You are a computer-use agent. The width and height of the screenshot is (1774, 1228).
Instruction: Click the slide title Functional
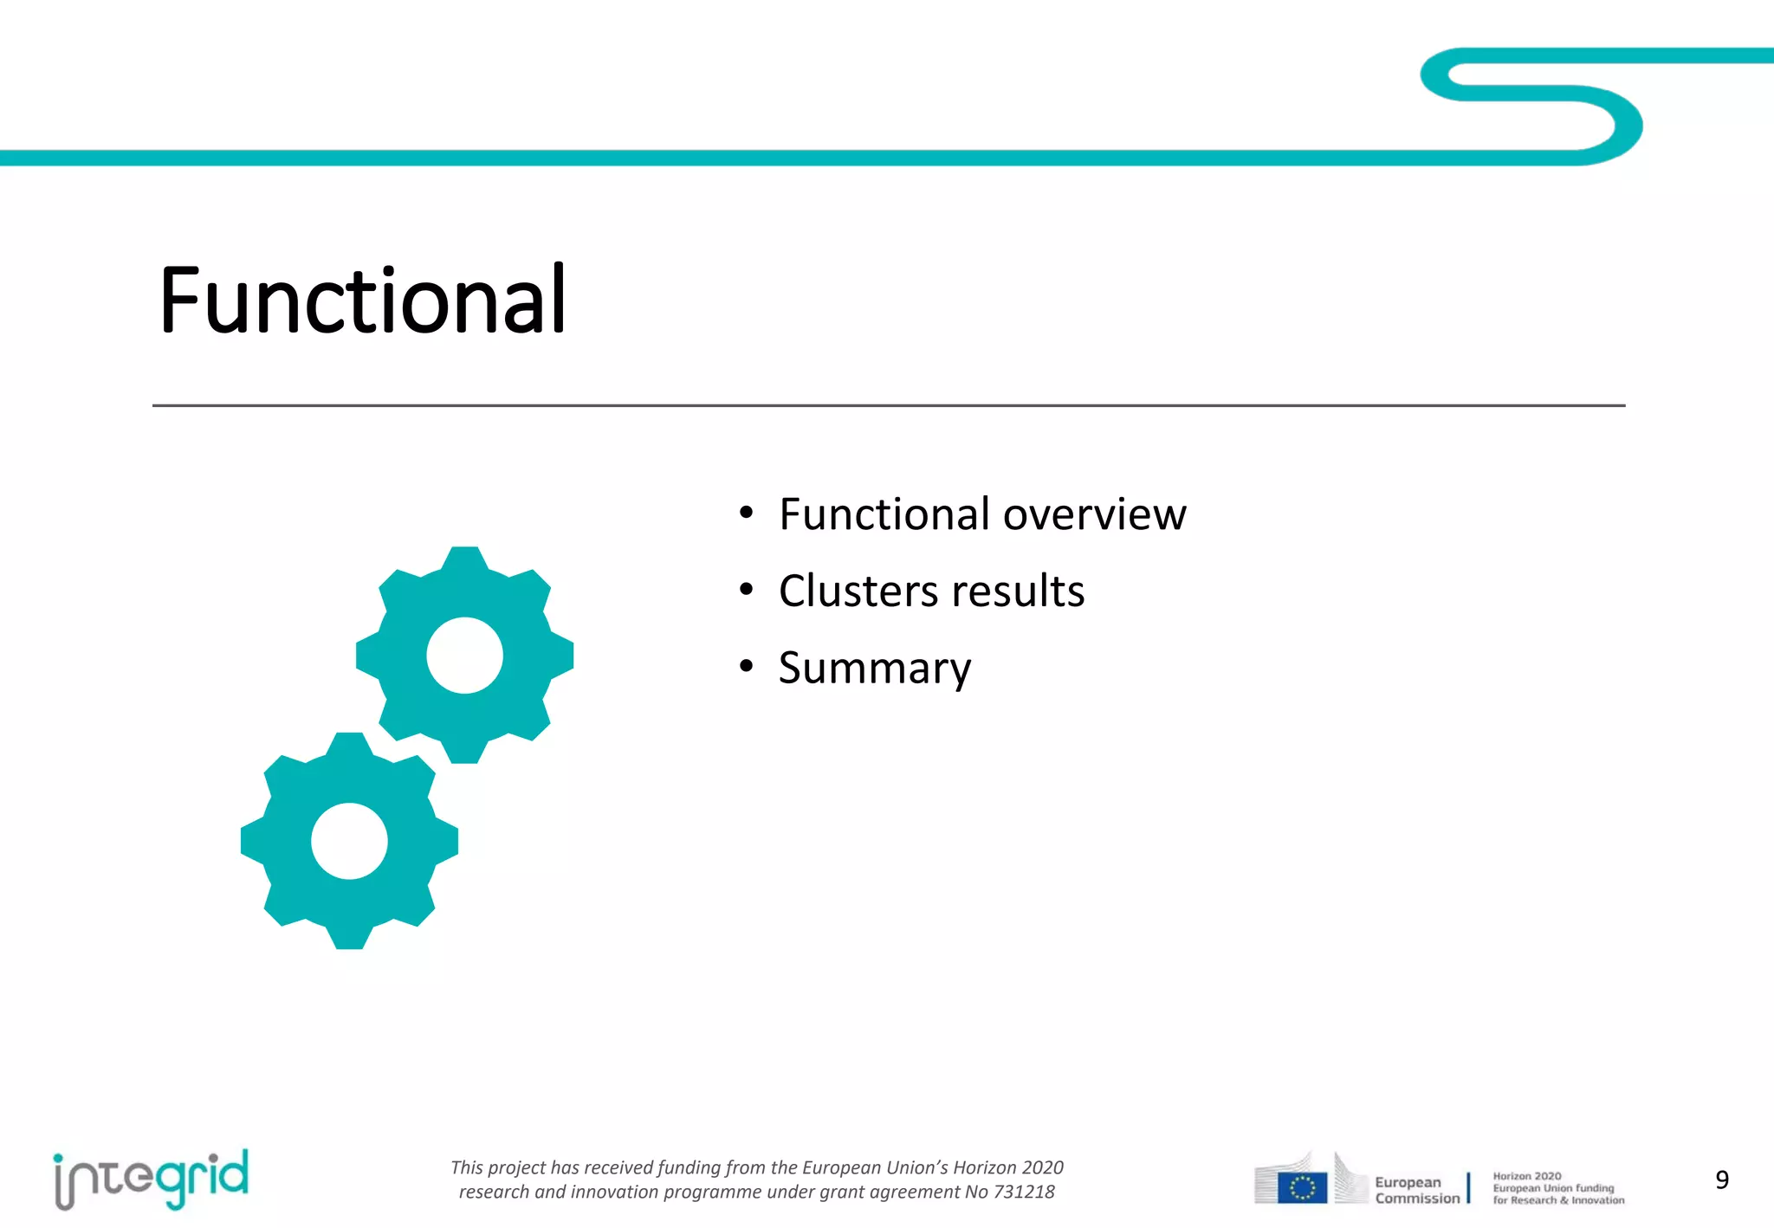pos(362,301)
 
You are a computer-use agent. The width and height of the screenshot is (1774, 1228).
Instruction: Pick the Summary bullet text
pos(875,669)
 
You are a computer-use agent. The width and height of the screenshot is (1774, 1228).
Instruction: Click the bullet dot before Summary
pos(747,667)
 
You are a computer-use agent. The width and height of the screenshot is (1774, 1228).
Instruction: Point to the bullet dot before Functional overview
pos(747,514)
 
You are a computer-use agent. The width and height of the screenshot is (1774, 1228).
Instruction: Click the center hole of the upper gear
pos(464,656)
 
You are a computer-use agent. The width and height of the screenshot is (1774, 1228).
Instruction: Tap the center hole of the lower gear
pos(349,841)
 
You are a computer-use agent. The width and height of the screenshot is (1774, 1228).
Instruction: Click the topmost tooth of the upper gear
pos(465,559)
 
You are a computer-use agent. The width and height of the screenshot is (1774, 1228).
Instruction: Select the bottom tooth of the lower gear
pos(349,937)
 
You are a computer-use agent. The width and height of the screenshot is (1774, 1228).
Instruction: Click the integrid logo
pos(151,1179)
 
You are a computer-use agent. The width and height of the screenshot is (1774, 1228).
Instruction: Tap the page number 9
pos(1722,1180)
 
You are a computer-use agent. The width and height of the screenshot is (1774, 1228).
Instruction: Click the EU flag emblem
pos(1302,1188)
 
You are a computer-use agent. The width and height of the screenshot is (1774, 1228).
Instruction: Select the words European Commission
pos(1416,1190)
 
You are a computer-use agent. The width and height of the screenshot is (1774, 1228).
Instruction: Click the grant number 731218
pos(1024,1192)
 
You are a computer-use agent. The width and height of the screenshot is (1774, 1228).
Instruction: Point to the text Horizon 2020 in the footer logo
pos(1526,1176)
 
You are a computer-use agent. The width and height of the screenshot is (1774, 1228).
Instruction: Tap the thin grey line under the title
pos(888,405)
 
